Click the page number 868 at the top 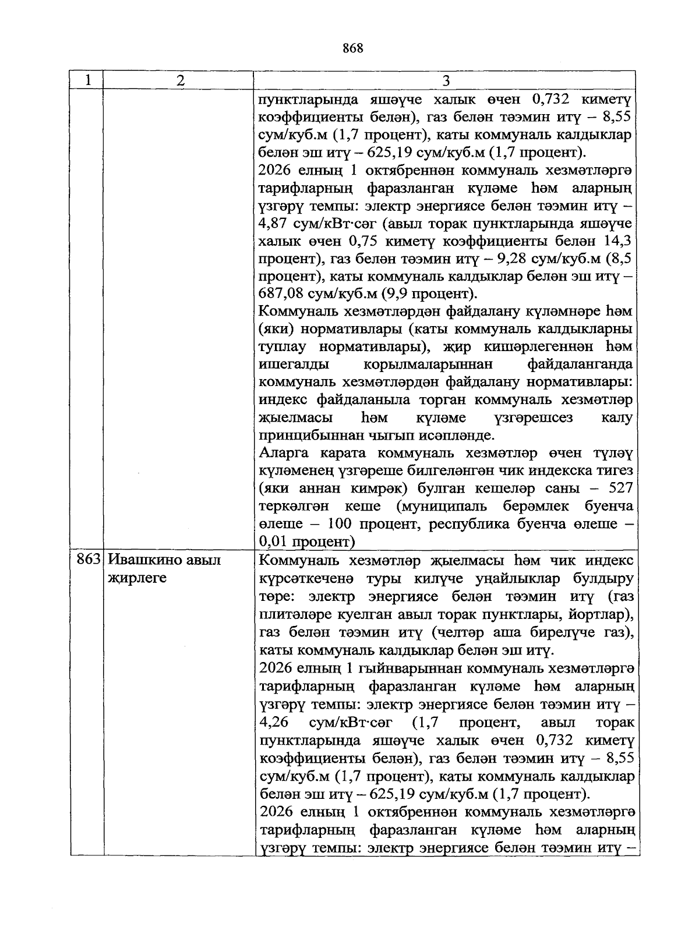pos(353,49)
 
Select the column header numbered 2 pos(180,80)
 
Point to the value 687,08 pos(281,294)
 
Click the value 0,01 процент pos(306,541)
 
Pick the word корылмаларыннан pos(428,364)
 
